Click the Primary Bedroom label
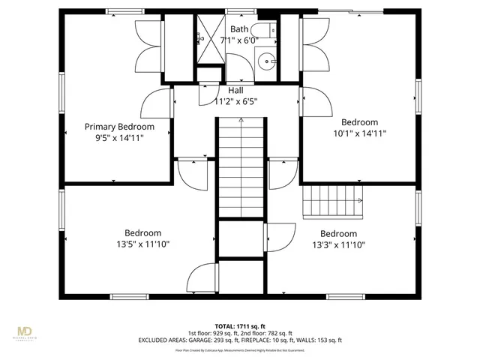(x=119, y=127)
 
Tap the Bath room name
(x=239, y=29)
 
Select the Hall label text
(x=236, y=91)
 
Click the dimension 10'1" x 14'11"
(x=359, y=133)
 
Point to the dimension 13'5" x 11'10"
(x=142, y=244)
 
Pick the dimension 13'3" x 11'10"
(x=339, y=244)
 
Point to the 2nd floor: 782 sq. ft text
(x=269, y=332)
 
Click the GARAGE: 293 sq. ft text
(x=212, y=340)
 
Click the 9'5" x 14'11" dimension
(x=119, y=138)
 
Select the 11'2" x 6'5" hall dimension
(x=236, y=101)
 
